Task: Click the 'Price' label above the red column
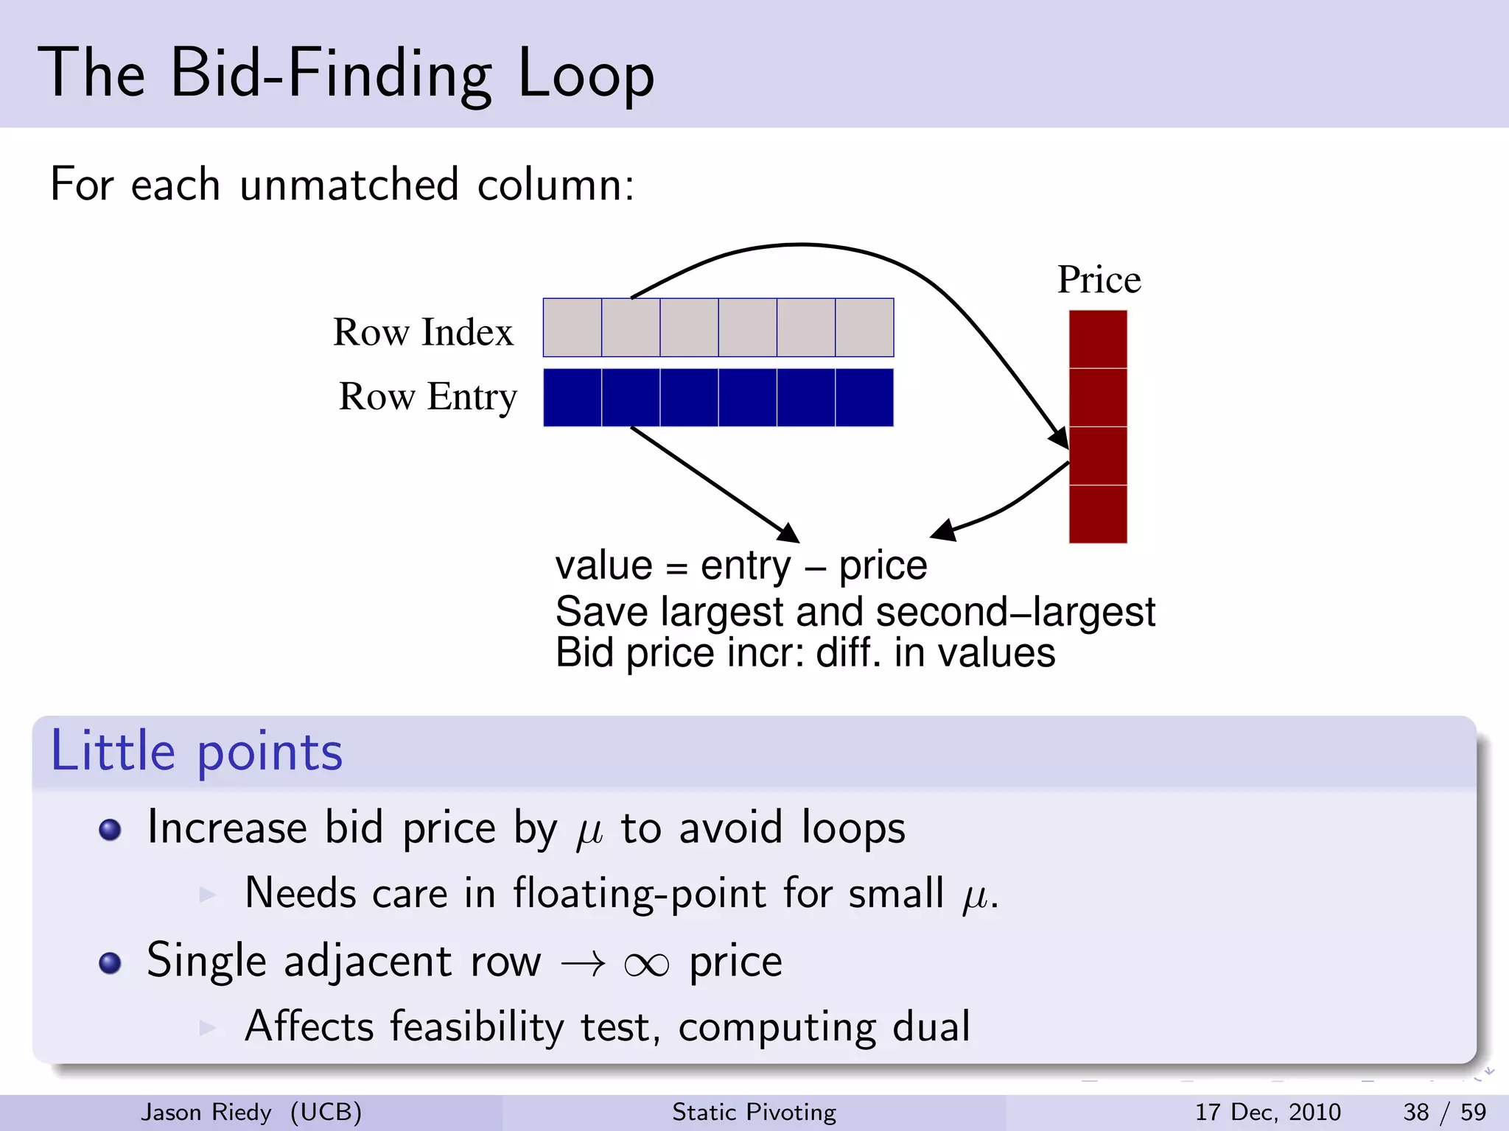(1099, 280)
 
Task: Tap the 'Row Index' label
(423, 332)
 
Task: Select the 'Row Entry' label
(427, 397)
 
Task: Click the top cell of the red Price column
(1098, 339)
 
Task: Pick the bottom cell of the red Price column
(1098, 514)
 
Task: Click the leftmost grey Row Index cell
(573, 328)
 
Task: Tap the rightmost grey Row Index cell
(864, 328)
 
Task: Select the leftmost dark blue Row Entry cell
(573, 398)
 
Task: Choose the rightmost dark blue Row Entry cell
(864, 398)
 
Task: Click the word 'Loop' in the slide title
(586, 74)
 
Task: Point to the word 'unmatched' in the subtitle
(349, 184)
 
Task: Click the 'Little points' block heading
(197, 752)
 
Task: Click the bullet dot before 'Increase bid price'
(110, 830)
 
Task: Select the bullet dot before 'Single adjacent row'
(110, 963)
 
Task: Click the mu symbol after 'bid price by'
(589, 832)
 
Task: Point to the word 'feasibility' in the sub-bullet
(477, 1026)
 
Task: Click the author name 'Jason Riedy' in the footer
(206, 1112)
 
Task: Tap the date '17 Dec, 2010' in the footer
(1267, 1112)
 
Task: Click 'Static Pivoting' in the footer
(754, 1112)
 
